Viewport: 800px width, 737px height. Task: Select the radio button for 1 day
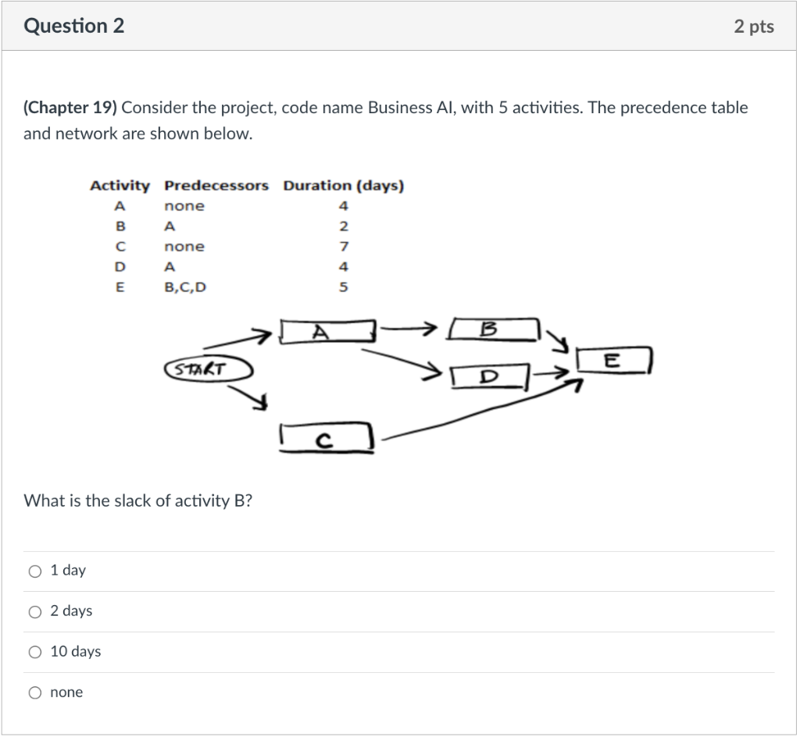pyautogui.click(x=35, y=571)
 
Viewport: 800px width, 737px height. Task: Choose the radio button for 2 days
pyautogui.click(x=35, y=611)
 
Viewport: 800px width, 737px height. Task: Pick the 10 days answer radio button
pyautogui.click(x=35, y=652)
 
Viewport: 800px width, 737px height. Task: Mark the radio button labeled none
pyautogui.click(x=35, y=692)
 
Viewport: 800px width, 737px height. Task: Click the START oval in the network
pyautogui.click(x=208, y=368)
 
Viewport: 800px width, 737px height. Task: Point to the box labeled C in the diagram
pyautogui.click(x=326, y=438)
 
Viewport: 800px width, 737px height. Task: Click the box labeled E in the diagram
pyautogui.click(x=613, y=361)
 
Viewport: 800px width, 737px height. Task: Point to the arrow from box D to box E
pyautogui.click(x=556, y=374)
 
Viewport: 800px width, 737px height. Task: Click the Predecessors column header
pyautogui.click(x=216, y=186)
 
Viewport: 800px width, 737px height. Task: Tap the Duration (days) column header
pyautogui.click(x=343, y=186)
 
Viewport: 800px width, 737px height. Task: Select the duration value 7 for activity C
pyautogui.click(x=344, y=247)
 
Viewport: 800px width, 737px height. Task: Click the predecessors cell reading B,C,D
pyautogui.click(x=185, y=287)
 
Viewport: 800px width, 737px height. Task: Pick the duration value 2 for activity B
pyautogui.click(x=344, y=226)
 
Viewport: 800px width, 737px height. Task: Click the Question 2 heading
pyautogui.click(x=74, y=27)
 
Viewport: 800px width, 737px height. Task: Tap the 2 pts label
pyautogui.click(x=754, y=27)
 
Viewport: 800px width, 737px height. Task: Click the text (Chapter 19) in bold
pyautogui.click(x=70, y=108)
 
